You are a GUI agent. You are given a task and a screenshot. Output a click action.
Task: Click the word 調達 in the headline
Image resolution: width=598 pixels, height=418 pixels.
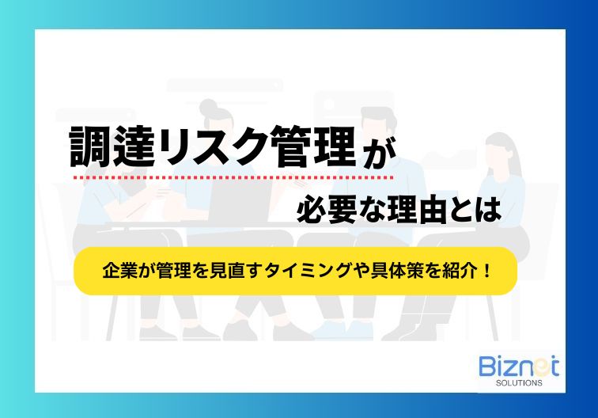point(112,146)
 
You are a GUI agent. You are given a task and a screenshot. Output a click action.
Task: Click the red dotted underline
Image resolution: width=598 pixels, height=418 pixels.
point(233,177)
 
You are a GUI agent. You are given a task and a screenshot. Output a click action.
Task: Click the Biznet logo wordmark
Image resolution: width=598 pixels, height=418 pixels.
point(519,367)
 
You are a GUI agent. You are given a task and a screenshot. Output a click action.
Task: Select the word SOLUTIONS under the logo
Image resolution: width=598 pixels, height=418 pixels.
point(519,382)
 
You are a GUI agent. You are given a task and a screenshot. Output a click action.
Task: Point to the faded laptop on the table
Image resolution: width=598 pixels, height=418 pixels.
point(240,200)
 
